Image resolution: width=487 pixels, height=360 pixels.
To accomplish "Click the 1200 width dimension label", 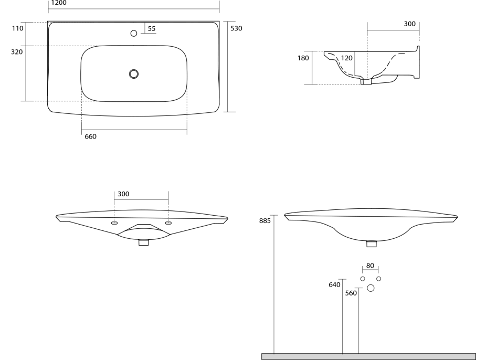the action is tap(59, 3).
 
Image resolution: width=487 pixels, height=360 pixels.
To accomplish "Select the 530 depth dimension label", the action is tap(236, 28).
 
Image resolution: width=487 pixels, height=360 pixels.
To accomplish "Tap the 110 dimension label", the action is tap(18, 28).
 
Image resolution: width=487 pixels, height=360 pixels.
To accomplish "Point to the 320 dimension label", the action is tap(17, 52).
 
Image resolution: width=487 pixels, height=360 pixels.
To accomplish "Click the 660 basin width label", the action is tap(90, 136).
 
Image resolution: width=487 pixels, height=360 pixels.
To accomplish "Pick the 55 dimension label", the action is tap(152, 28).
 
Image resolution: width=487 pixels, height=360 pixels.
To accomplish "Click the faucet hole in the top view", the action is tap(134, 33).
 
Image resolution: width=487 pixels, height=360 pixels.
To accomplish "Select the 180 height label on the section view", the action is tap(303, 58).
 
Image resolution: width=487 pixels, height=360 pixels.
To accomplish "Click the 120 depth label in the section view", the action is tap(346, 58).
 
